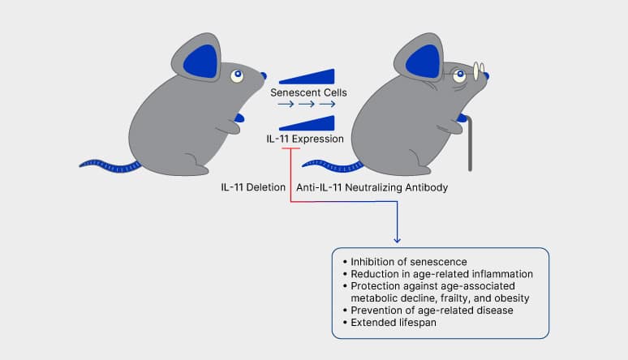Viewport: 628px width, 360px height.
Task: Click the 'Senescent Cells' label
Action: (x=308, y=92)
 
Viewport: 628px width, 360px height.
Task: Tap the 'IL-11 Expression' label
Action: (x=305, y=139)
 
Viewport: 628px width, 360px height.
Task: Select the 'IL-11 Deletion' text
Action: (x=253, y=187)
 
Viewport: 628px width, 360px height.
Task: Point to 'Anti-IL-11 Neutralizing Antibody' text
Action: (x=372, y=187)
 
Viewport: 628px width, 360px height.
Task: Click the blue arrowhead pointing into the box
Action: (x=397, y=238)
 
